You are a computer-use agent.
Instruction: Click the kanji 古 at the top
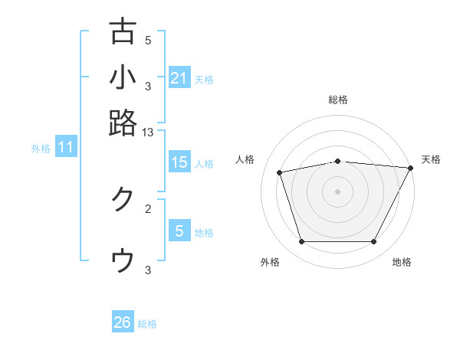click(x=123, y=32)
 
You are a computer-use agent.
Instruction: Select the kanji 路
click(x=123, y=123)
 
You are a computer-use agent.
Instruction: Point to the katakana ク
click(x=123, y=198)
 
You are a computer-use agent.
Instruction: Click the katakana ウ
click(x=123, y=260)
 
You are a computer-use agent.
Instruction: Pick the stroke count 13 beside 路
click(x=148, y=133)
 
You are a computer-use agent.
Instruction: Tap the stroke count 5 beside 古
click(x=148, y=41)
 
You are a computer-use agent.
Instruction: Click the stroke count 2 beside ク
click(x=148, y=208)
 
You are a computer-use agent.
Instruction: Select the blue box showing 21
click(x=179, y=77)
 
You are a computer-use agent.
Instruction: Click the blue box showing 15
click(x=179, y=162)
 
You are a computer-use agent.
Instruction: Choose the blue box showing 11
click(x=65, y=147)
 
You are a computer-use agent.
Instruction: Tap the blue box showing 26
click(x=122, y=322)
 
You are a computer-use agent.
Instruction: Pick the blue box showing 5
click(x=179, y=231)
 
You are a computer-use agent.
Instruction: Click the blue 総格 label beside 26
click(x=147, y=324)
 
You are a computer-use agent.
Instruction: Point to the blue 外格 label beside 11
click(x=40, y=149)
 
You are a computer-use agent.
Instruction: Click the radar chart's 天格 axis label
click(x=431, y=159)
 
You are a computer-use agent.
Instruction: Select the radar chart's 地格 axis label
click(x=402, y=263)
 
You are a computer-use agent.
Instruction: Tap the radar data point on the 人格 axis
click(x=280, y=172)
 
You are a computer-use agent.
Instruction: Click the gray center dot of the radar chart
click(x=337, y=191)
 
